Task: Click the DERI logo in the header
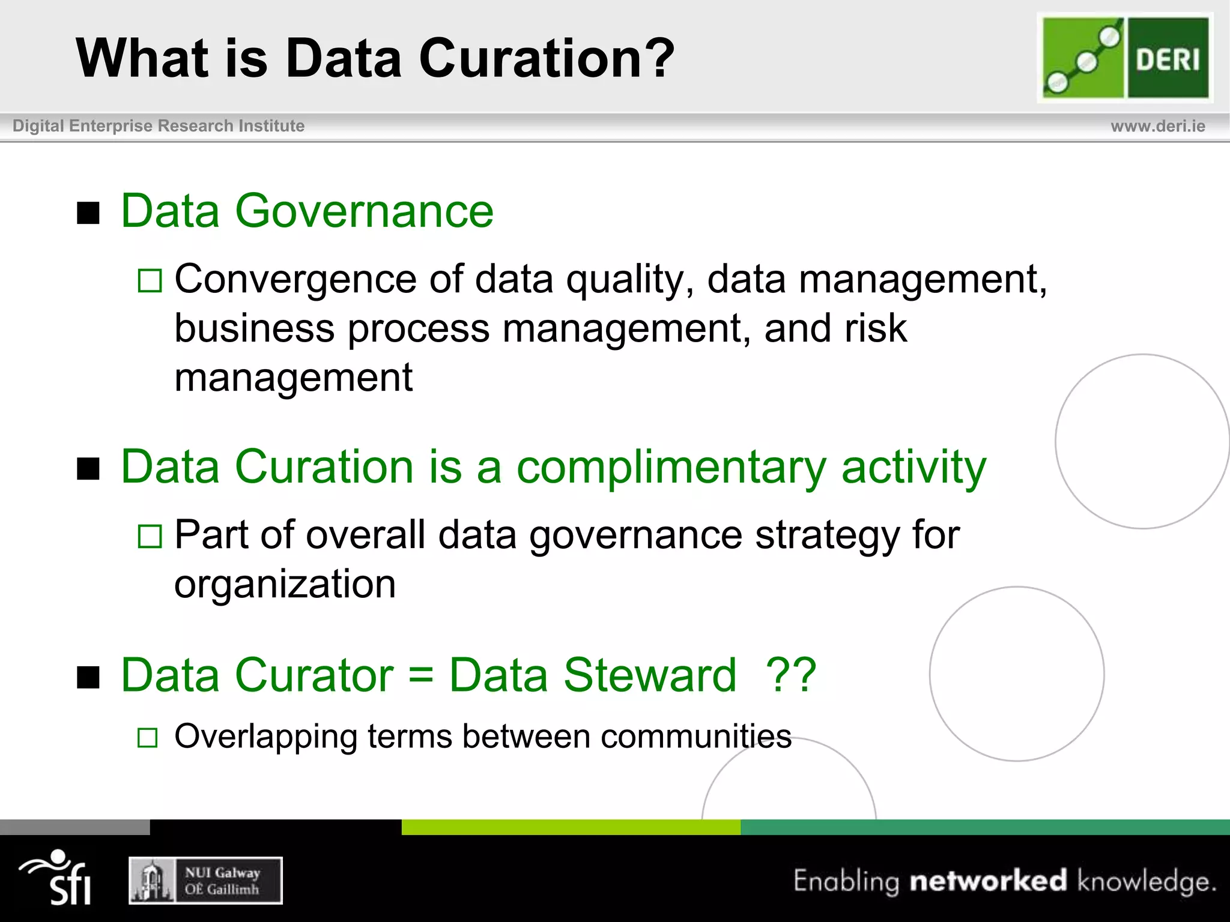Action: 1125,58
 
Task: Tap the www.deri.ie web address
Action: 1157,126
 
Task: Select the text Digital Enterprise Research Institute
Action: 159,126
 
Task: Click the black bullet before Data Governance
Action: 88,212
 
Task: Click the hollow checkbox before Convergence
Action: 150,281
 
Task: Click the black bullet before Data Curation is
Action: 88,469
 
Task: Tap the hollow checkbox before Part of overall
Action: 150,537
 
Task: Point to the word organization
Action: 285,584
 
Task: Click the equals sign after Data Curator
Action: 420,675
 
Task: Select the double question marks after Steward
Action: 791,675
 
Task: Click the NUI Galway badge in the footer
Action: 205,880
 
